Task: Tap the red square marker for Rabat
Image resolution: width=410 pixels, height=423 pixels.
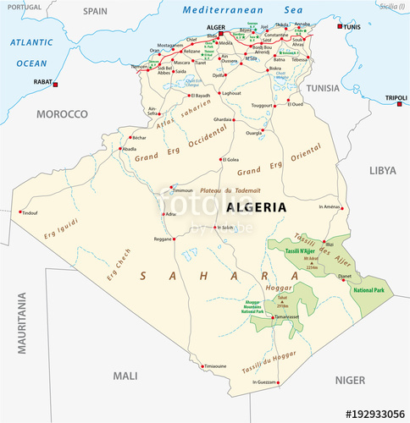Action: [56, 85]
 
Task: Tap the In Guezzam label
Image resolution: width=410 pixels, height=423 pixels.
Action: [265, 383]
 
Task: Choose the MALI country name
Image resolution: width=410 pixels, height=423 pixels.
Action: [126, 375]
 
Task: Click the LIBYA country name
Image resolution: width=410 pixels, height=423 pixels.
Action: [382, 170]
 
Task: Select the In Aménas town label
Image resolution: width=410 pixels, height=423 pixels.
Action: [330, 206]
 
